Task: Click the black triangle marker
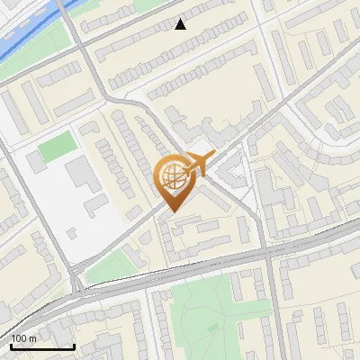[x=181, y=24]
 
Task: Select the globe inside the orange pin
[x=172, y=177]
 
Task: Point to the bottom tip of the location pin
[x=172, y=212]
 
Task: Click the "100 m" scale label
[x=23, y=337]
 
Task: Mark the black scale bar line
[x=41, y=346]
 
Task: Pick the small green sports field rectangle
[x=56, y=145]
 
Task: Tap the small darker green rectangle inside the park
[x=214, y=328]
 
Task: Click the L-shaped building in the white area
[x=85, y=176]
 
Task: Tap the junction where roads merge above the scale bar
[x=78, y=290]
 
